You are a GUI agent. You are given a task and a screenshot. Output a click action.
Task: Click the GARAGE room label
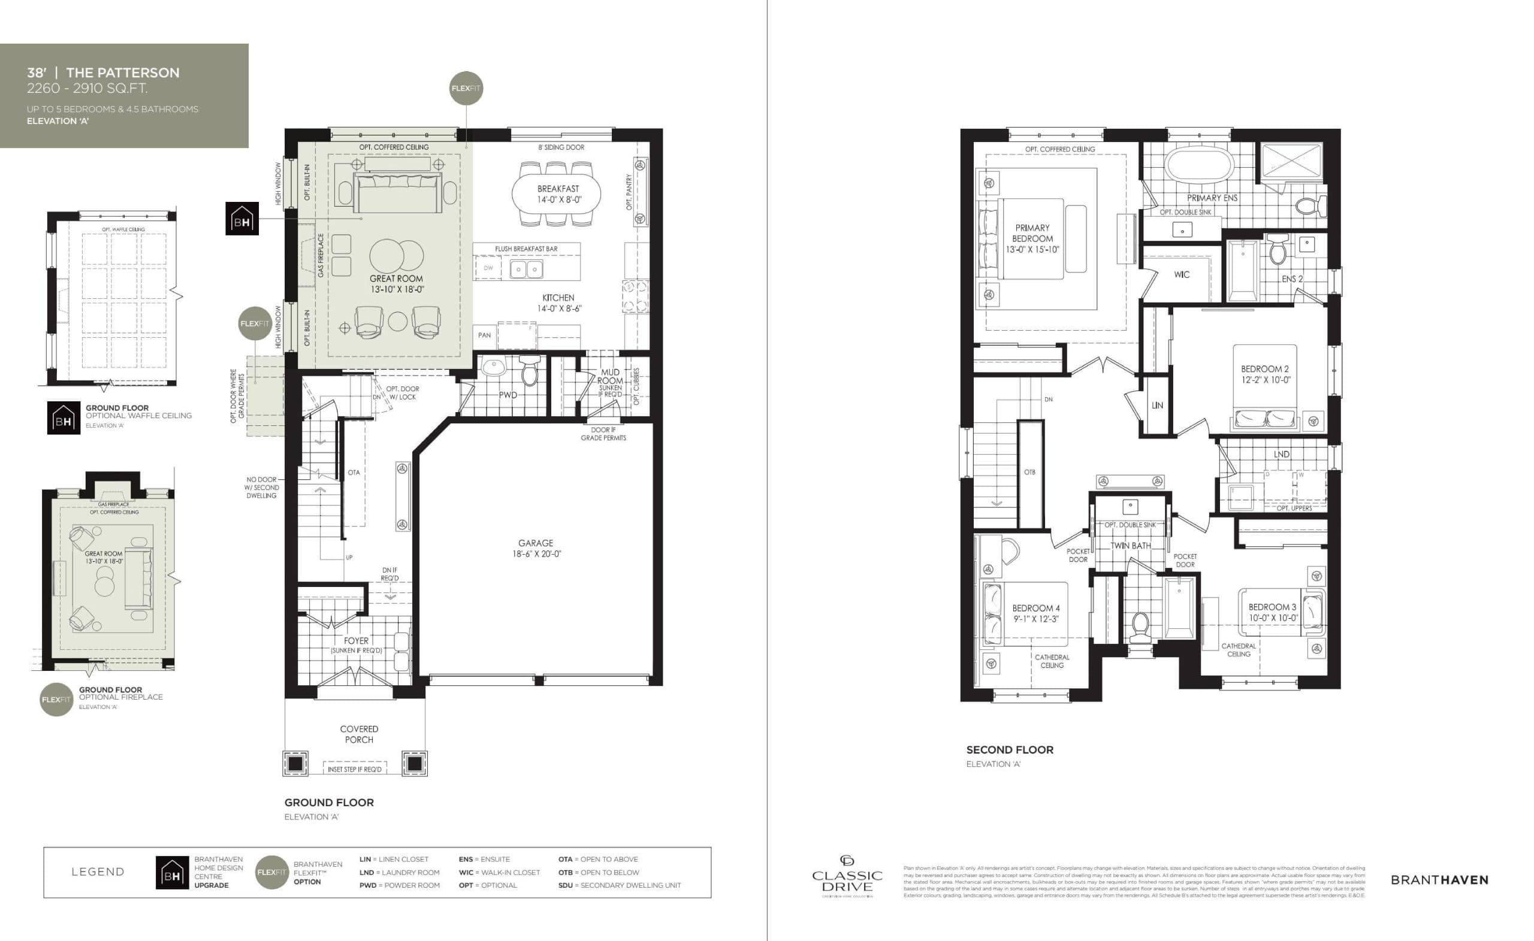(x=536, y=543)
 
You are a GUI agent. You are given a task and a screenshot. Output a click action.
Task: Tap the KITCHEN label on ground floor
(x=558, y=298)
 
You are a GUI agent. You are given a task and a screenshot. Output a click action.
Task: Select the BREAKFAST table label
(x=558, y=189)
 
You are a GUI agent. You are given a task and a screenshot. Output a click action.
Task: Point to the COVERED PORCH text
(x=359, y=734)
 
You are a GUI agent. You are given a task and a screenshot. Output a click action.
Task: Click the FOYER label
(x=356, y=641)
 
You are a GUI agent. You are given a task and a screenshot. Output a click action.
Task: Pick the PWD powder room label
(x=508, y=395)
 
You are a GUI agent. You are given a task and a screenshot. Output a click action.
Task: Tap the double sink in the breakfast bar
(x=526, y=270)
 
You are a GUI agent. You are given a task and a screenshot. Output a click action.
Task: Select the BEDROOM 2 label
(x=1265, y=369)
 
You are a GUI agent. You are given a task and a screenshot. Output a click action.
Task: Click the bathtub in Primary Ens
(x=1199, y=165)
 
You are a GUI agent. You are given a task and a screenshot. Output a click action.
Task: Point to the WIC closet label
(x=1182, y=274)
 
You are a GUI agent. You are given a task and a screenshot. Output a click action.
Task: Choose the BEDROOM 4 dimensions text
(x=1036, y=619)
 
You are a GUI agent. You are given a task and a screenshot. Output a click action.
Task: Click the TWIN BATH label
(x=1131, y=546)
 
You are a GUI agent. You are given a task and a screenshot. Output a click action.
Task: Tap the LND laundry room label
(x=1281, y=454)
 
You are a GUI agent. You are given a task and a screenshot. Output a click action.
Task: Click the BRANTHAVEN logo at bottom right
(x=1439, y=880)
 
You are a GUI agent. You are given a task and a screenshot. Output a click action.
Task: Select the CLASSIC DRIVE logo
(x=847, y=878)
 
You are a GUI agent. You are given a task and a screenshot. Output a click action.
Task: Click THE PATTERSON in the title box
(x=123, y=73)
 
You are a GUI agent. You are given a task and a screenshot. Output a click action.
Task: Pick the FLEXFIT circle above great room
(x=466, y=89)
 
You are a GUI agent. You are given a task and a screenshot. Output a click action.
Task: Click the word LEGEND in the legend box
(x=98, y=872)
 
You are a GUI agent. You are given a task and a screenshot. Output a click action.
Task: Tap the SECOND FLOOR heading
(x=1010, y=750)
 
